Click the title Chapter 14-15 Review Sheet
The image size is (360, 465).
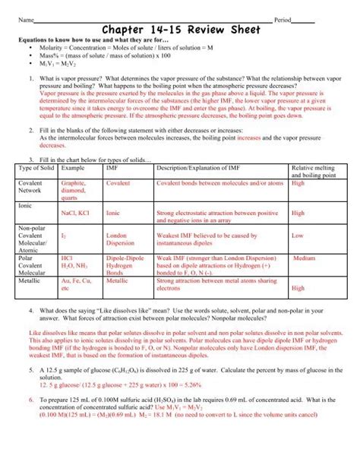click(180, 30)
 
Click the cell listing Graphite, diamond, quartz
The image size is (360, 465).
click(74, 190)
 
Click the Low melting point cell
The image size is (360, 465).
click(298, 236)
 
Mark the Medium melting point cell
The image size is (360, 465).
click(304, 258)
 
